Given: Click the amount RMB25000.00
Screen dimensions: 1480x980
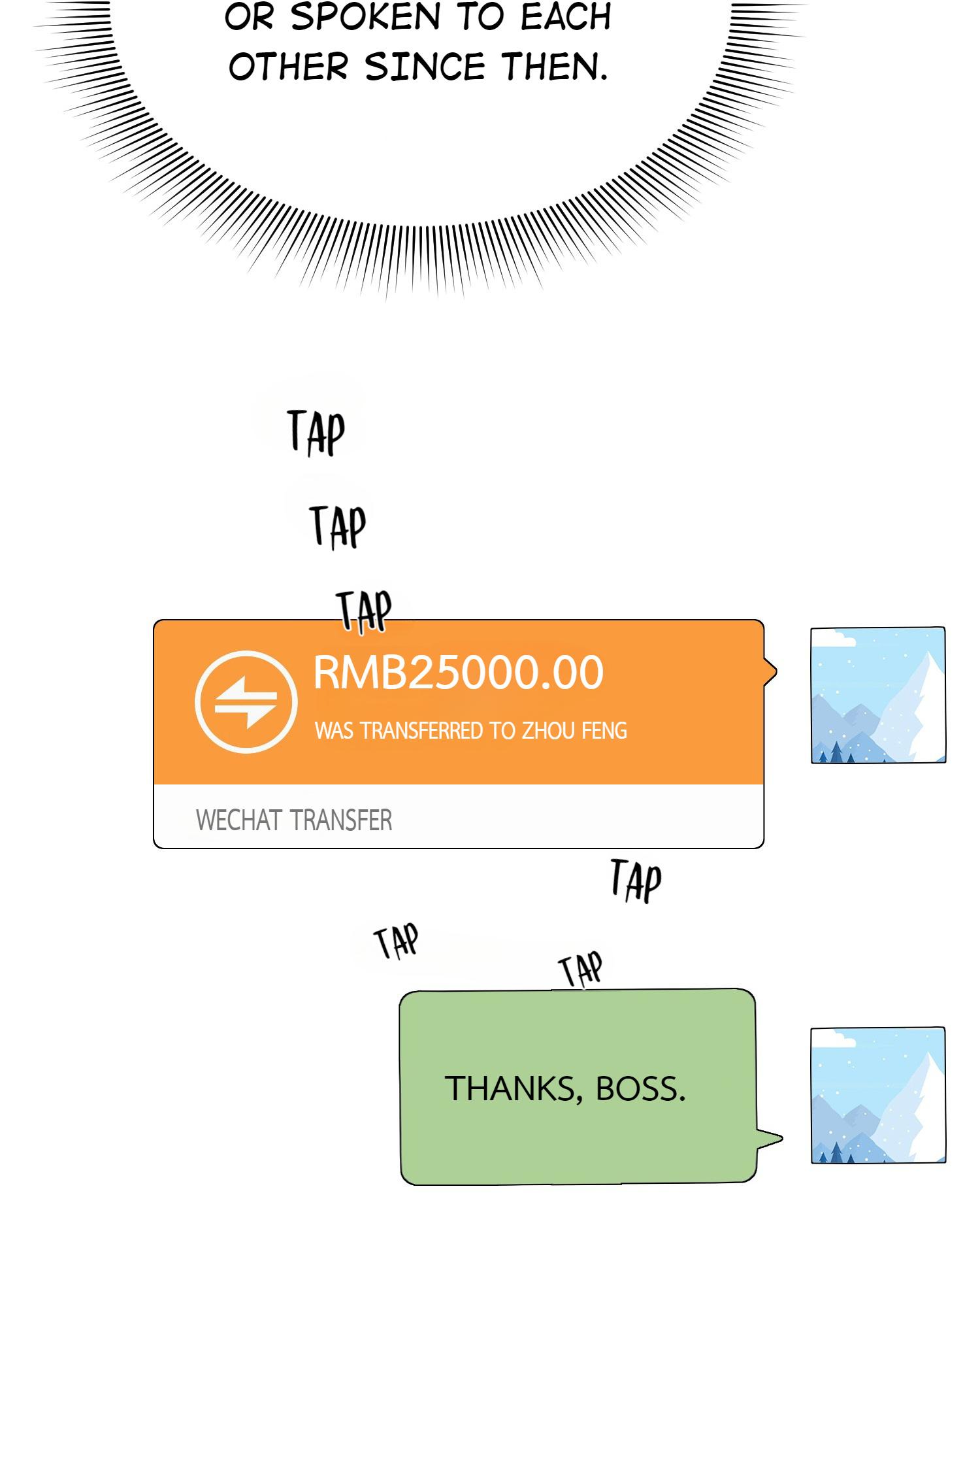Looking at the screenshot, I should point(458,673).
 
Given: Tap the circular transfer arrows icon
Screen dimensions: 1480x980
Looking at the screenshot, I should point(246,702).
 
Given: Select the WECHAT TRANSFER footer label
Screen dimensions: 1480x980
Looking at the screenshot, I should point(293,820).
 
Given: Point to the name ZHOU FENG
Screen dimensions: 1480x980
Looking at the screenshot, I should point(574,730).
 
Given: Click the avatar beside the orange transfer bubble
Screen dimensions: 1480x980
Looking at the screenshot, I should point(877,695).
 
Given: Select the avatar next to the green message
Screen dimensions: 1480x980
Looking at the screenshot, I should point(877,1095).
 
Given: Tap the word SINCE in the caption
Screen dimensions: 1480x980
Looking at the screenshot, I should point(425,67).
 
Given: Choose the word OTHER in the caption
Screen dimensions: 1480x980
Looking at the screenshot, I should point(288,67).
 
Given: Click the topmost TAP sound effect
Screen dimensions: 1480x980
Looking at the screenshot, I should point(316,431).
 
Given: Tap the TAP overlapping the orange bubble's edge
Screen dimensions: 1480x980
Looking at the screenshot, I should point(364,611).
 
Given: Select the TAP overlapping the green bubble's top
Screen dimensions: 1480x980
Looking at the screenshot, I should point(580,969).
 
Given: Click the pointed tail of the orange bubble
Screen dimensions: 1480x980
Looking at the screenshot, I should point(770,671).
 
